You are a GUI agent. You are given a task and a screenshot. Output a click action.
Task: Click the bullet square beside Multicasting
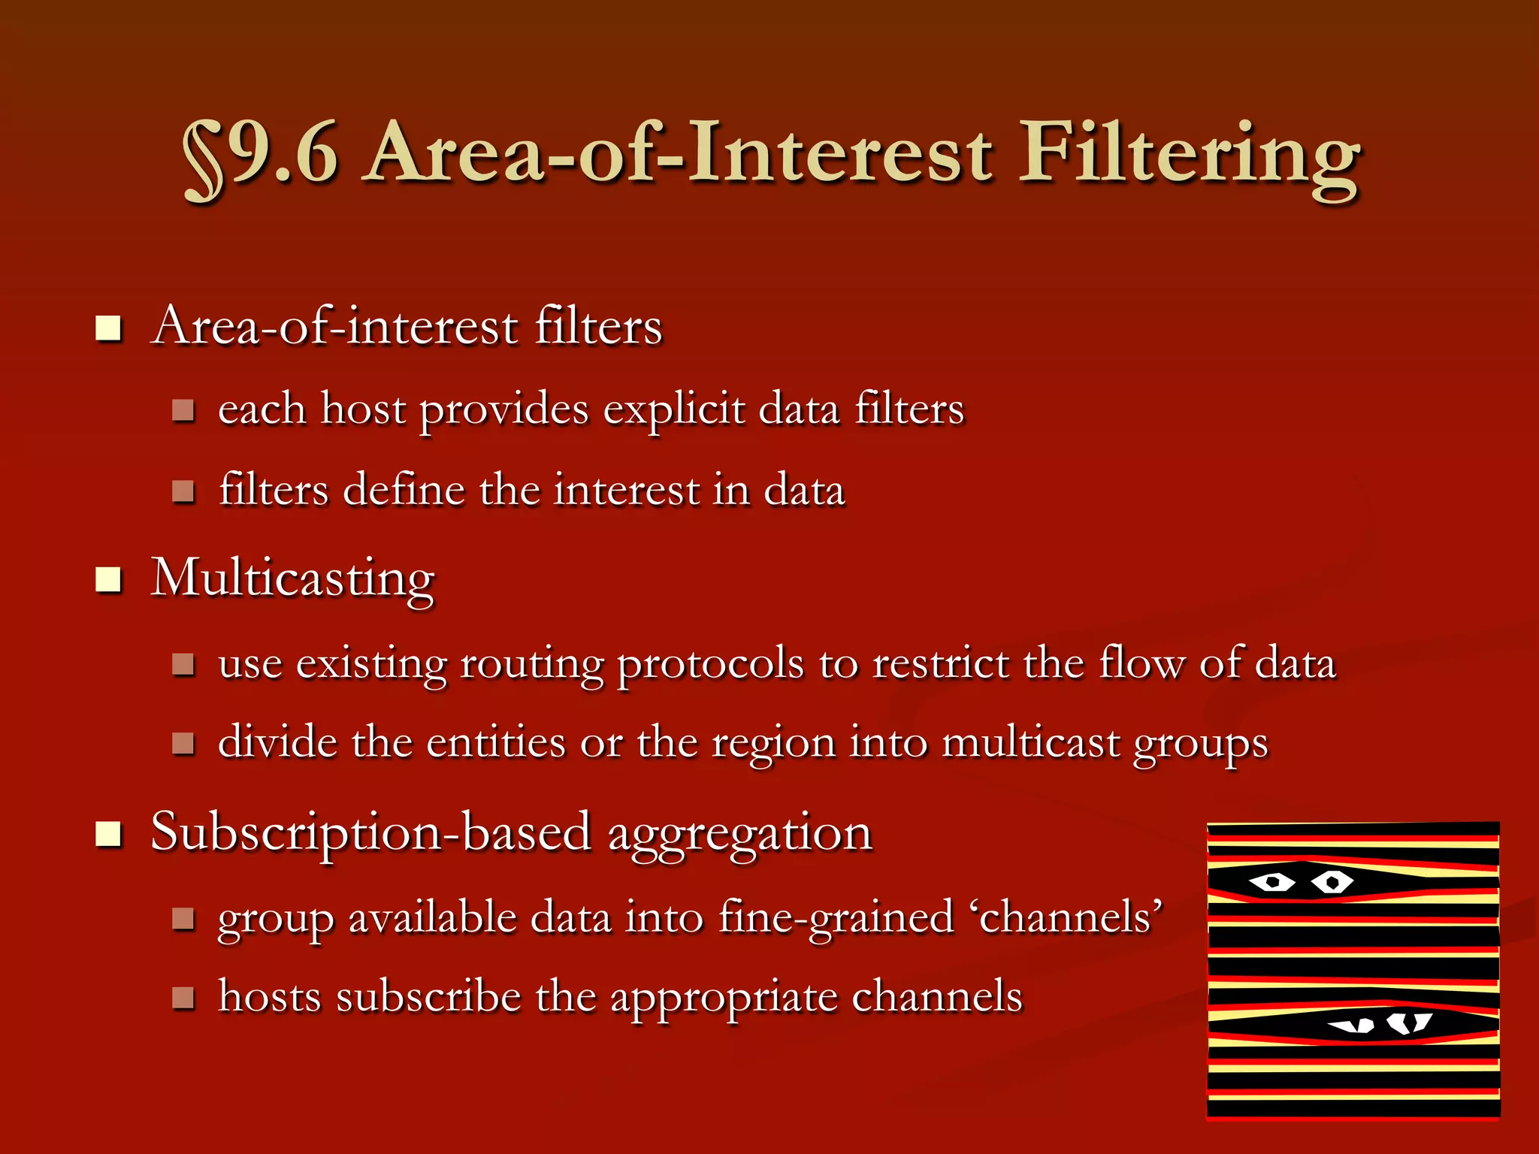110,580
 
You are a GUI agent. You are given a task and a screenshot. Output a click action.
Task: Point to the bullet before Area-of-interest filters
110,328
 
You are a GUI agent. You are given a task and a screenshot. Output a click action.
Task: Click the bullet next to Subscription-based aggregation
110,834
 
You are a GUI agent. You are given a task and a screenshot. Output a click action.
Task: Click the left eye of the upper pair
1271,881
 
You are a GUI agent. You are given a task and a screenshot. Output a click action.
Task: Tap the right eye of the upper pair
1332,881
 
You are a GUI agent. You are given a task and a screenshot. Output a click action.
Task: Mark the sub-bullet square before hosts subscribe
183,998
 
